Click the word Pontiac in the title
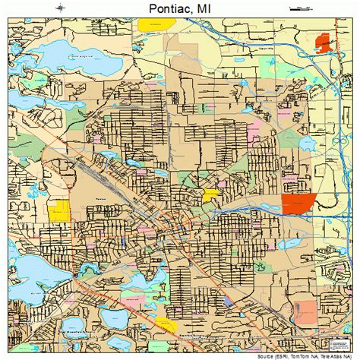pos(163,8)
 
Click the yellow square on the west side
pos(58,212)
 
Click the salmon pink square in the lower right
pos(305,311)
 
